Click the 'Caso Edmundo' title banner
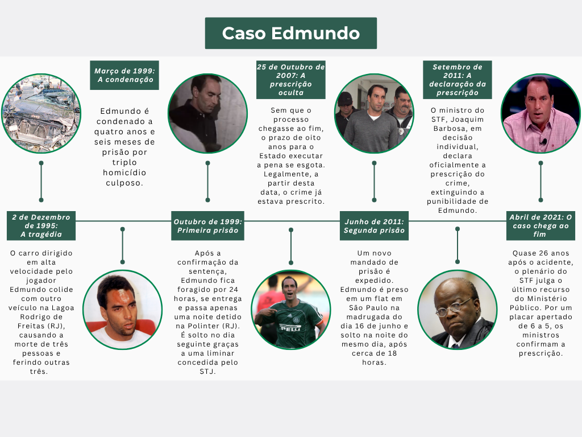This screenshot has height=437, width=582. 290,33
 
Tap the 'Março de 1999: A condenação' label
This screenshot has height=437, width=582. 124,75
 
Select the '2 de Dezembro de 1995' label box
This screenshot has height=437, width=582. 41,225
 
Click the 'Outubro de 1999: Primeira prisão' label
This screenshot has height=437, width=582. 207,225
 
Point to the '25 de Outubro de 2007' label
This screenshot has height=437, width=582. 290,80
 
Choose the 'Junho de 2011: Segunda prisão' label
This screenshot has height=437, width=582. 374,225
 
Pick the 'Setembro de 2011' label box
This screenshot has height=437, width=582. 458,80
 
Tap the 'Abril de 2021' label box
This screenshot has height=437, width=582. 541,225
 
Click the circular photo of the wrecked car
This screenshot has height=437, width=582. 41,113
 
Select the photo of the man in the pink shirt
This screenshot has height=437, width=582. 541,113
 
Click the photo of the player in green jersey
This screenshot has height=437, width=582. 290,310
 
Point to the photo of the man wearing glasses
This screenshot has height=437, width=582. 458,310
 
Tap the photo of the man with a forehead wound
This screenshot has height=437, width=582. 123,310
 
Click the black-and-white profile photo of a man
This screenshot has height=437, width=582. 207,113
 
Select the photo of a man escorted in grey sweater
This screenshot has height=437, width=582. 374,113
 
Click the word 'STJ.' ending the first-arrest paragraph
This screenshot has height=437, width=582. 207,371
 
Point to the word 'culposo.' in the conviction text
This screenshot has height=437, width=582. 124,183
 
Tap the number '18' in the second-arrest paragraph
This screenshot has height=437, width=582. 392,353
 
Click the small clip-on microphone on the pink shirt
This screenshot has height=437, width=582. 544,142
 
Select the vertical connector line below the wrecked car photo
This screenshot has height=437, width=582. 41,182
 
